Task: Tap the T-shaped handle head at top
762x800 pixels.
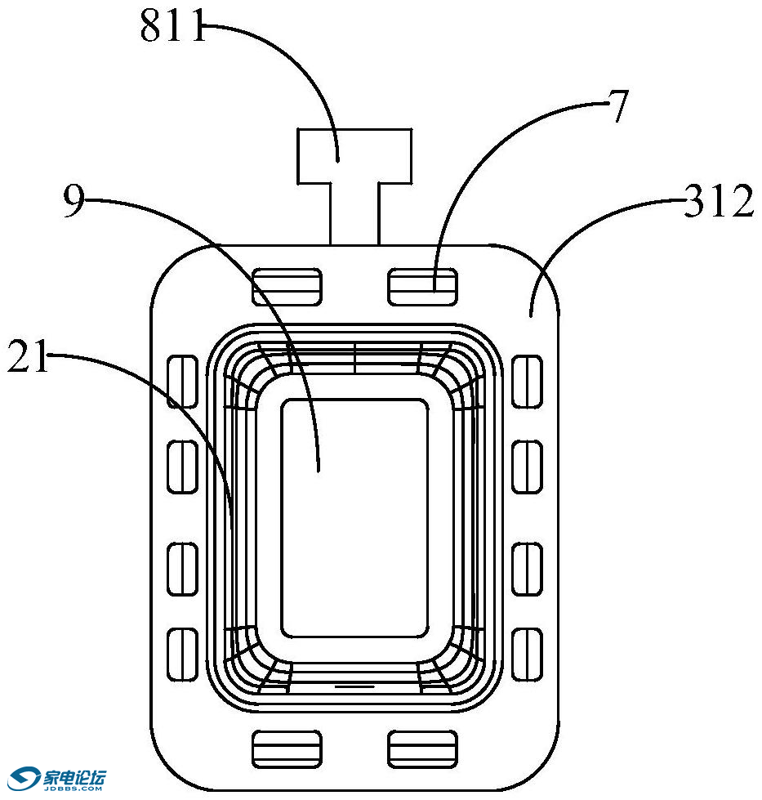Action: tap(354, 155)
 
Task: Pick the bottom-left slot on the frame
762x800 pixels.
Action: tap(287, 749)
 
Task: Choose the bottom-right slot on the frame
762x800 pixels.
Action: tap(421, 749)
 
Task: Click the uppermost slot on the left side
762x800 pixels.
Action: tap(183, 381)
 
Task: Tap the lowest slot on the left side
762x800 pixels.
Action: tap(183, 654)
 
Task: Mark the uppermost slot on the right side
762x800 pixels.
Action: tap(527, 381)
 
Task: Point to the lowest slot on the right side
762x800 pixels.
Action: tap(527, 654)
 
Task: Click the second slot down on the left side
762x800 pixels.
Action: tap(183, 467)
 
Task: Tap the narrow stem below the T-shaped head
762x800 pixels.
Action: tap(354, 213)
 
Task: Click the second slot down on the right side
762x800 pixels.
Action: tap(527, 467)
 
